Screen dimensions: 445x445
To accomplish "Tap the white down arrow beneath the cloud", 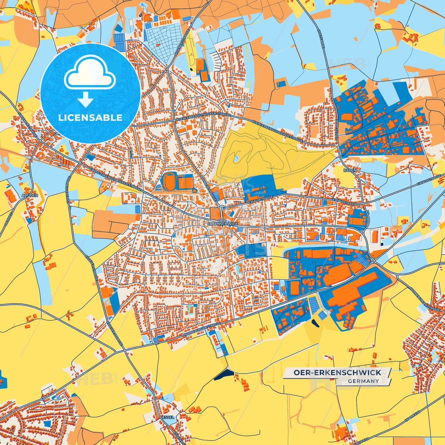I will pyautogui.click(x=86, y=99).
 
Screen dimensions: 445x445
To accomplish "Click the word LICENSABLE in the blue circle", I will pyautogui.click(x=90, y=117).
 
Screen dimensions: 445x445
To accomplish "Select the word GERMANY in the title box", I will pyautogui.click(x=363, y=381).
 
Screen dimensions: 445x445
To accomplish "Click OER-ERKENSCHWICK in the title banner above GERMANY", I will pyautogui.click(x=337, y=373).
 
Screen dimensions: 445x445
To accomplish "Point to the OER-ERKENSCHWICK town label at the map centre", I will pyautogui.click(x=223, y=222).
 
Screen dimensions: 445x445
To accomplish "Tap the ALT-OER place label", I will pyautogui.click(x=30, y=196).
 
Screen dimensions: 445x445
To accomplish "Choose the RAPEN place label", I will pyautogui.click(x=350, y=170).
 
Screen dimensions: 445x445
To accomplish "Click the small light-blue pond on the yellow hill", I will pyautogui.click(x=236, y=159).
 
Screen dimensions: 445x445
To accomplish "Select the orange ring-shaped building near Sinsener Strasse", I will pyautogui.click(x=40, y=156).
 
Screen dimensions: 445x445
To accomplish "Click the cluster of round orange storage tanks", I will pyautogui.click(x=349, y=322).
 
